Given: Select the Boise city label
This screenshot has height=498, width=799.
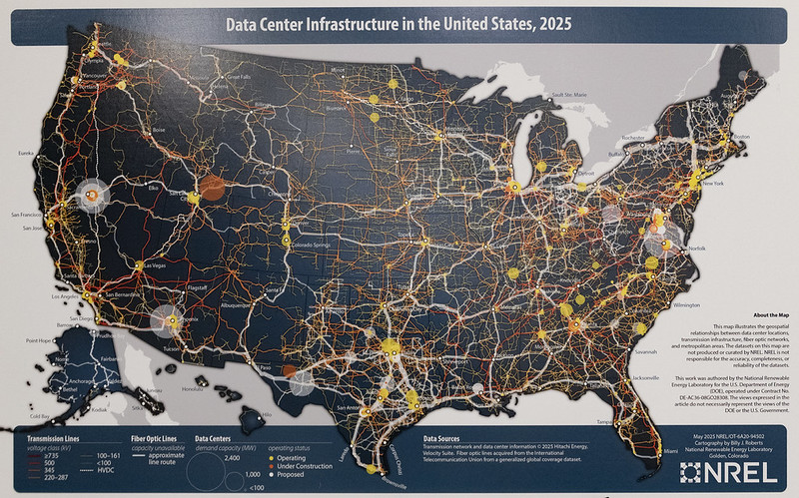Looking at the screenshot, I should (x=158, y=131).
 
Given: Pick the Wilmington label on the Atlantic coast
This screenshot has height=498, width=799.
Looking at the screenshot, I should (x=686, y=303).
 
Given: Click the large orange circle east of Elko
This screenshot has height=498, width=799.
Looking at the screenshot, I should (x=213, y=187).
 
